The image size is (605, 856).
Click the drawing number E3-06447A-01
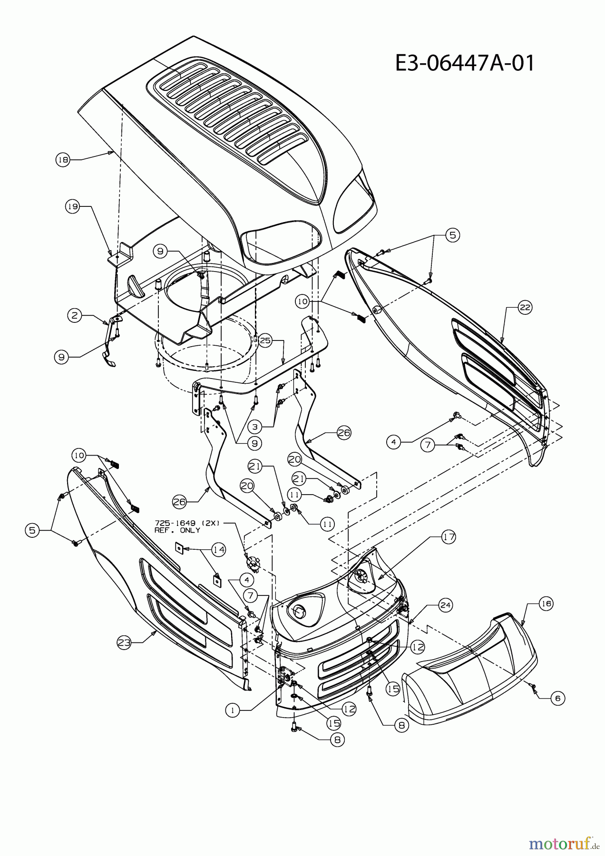click(465, 63)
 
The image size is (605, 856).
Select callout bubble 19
click(71, 206)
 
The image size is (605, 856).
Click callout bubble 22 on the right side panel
click(524, 308)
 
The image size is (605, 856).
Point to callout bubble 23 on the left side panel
click(124, 642)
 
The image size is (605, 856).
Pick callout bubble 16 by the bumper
click(545, 603)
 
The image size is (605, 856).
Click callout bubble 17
click(449, 537)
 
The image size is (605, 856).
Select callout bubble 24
click(445, 605)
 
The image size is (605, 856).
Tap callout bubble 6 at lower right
click(557, 699)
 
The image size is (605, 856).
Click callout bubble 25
click(265, 340)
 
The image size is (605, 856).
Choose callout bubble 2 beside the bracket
click(74, 314)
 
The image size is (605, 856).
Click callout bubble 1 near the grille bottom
click(233, 710)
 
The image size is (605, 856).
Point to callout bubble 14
click(218, 549)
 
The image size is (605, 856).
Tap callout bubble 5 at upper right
click(452, 235)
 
